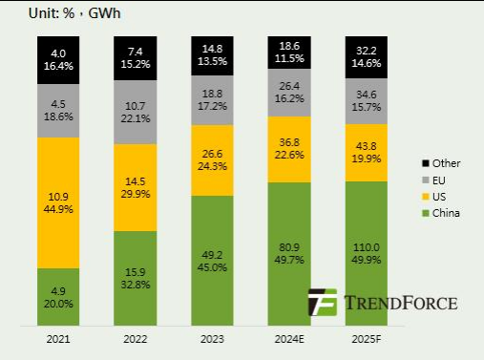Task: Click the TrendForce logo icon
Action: click(322, 302)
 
